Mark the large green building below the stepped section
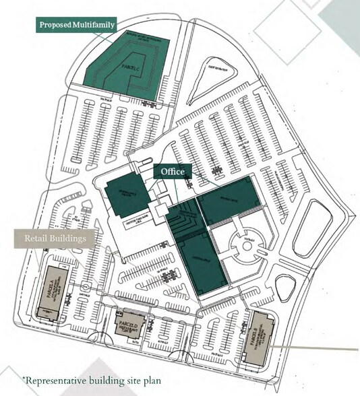[x=202, y=263]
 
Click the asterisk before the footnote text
[x=24, y=377]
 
